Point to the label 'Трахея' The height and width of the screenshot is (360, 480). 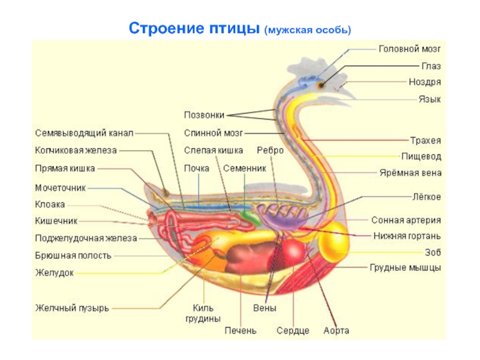(425, 141)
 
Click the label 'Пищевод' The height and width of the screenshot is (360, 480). (421, 157)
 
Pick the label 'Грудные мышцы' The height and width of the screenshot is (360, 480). (405, 268)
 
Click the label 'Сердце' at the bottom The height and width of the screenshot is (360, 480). (293, 331)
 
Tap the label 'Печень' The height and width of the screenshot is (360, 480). (241, 331)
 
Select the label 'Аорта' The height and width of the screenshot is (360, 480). (336, 331)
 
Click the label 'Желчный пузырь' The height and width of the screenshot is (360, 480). (71, 308)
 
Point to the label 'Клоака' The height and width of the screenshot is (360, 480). (50, 205)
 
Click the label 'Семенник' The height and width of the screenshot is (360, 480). (244, 169)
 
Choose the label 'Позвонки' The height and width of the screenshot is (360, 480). (205, 115)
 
